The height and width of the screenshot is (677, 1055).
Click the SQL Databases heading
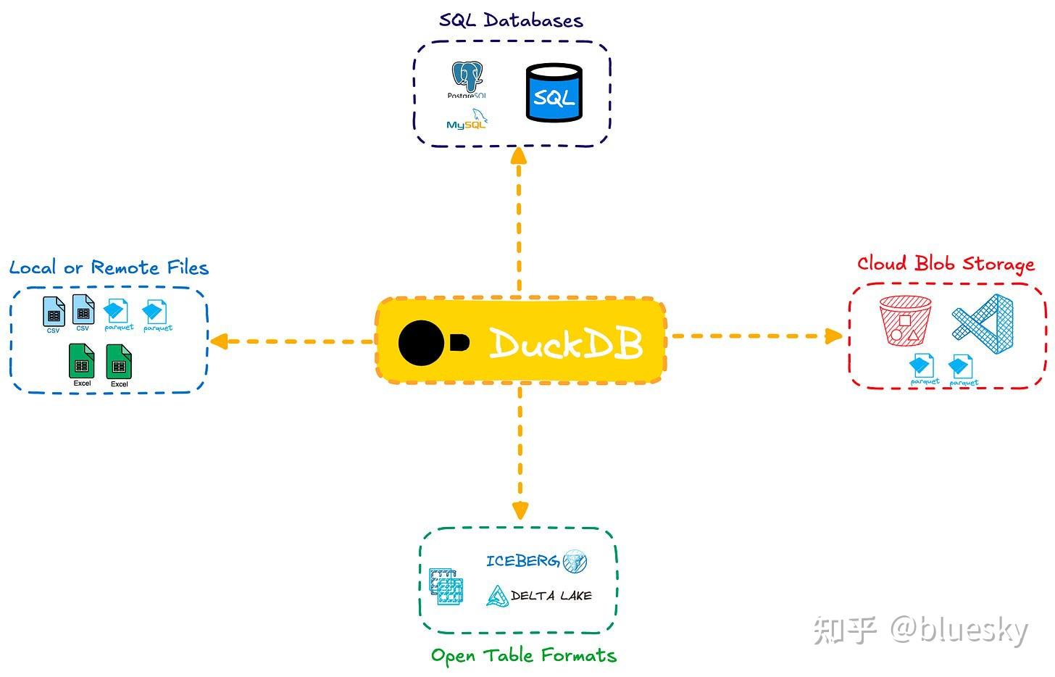(x=511, y=20)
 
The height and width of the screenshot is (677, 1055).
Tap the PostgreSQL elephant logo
(x=467, y=78)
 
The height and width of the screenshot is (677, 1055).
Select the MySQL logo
(x=467, y=120)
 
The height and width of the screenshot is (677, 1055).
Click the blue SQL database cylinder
(x=554, y=93)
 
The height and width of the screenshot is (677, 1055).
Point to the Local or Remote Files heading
(x=109, y=267)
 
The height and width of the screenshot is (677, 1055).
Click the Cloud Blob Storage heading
(x=946, y=264)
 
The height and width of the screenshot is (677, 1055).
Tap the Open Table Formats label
(x=523, y=656)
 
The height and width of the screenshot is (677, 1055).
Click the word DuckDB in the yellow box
(x=565, y=343)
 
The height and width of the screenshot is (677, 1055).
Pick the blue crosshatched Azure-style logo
(x=983, y=317)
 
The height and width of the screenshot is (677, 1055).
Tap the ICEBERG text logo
(x=522, y=560)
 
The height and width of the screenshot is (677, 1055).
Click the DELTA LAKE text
(x=551, y=596)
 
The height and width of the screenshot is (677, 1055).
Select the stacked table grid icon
(x=446, y=586)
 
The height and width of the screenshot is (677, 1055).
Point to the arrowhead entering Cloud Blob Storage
(x=833, y=336)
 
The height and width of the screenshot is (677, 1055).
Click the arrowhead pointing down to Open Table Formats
(x=520, y=510)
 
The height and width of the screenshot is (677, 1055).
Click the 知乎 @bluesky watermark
(x=920, y=630)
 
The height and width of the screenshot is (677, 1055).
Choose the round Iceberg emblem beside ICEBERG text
(x=575, y=560)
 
